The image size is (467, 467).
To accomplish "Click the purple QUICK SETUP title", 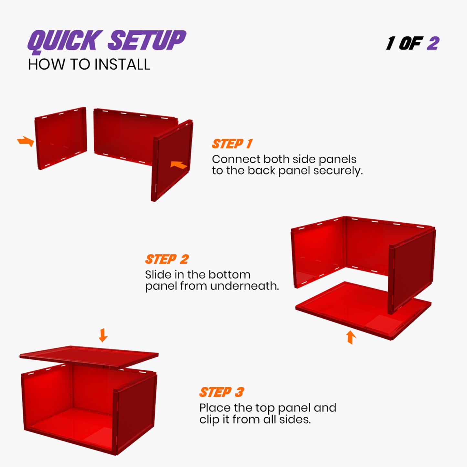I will coord(107,41).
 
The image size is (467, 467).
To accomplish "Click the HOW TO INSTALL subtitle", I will coord(89,65).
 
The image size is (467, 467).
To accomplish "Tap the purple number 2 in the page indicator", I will coord(433,43).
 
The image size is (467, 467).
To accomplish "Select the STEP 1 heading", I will coord(232,144).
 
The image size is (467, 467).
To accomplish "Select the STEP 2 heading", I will coord(167,259).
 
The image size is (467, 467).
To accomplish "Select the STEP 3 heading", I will coord(221,392).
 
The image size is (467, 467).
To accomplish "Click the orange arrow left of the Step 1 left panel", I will coord(26,141).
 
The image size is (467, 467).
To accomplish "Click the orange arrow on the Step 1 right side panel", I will coord(178,165).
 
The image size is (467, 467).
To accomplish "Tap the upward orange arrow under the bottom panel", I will coord(351,337).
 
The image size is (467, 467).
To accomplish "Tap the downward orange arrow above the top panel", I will coord(103,335).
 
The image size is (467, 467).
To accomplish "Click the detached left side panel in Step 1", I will coord(61,138).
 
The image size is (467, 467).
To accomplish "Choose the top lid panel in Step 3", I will coord(89,356).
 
